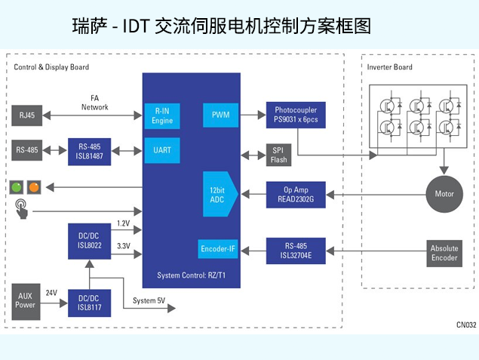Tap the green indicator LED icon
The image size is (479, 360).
[x=17, y=187]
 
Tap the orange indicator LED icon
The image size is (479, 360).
[x=34, y=187]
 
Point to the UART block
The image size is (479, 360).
[x=162, y=150]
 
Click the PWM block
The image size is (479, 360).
[x=221, y=115]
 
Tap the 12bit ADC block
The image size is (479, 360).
[x=220, y=194]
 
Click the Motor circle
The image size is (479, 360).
[x=444, y=194]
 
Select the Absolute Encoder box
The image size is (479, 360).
[x=444, y=253]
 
